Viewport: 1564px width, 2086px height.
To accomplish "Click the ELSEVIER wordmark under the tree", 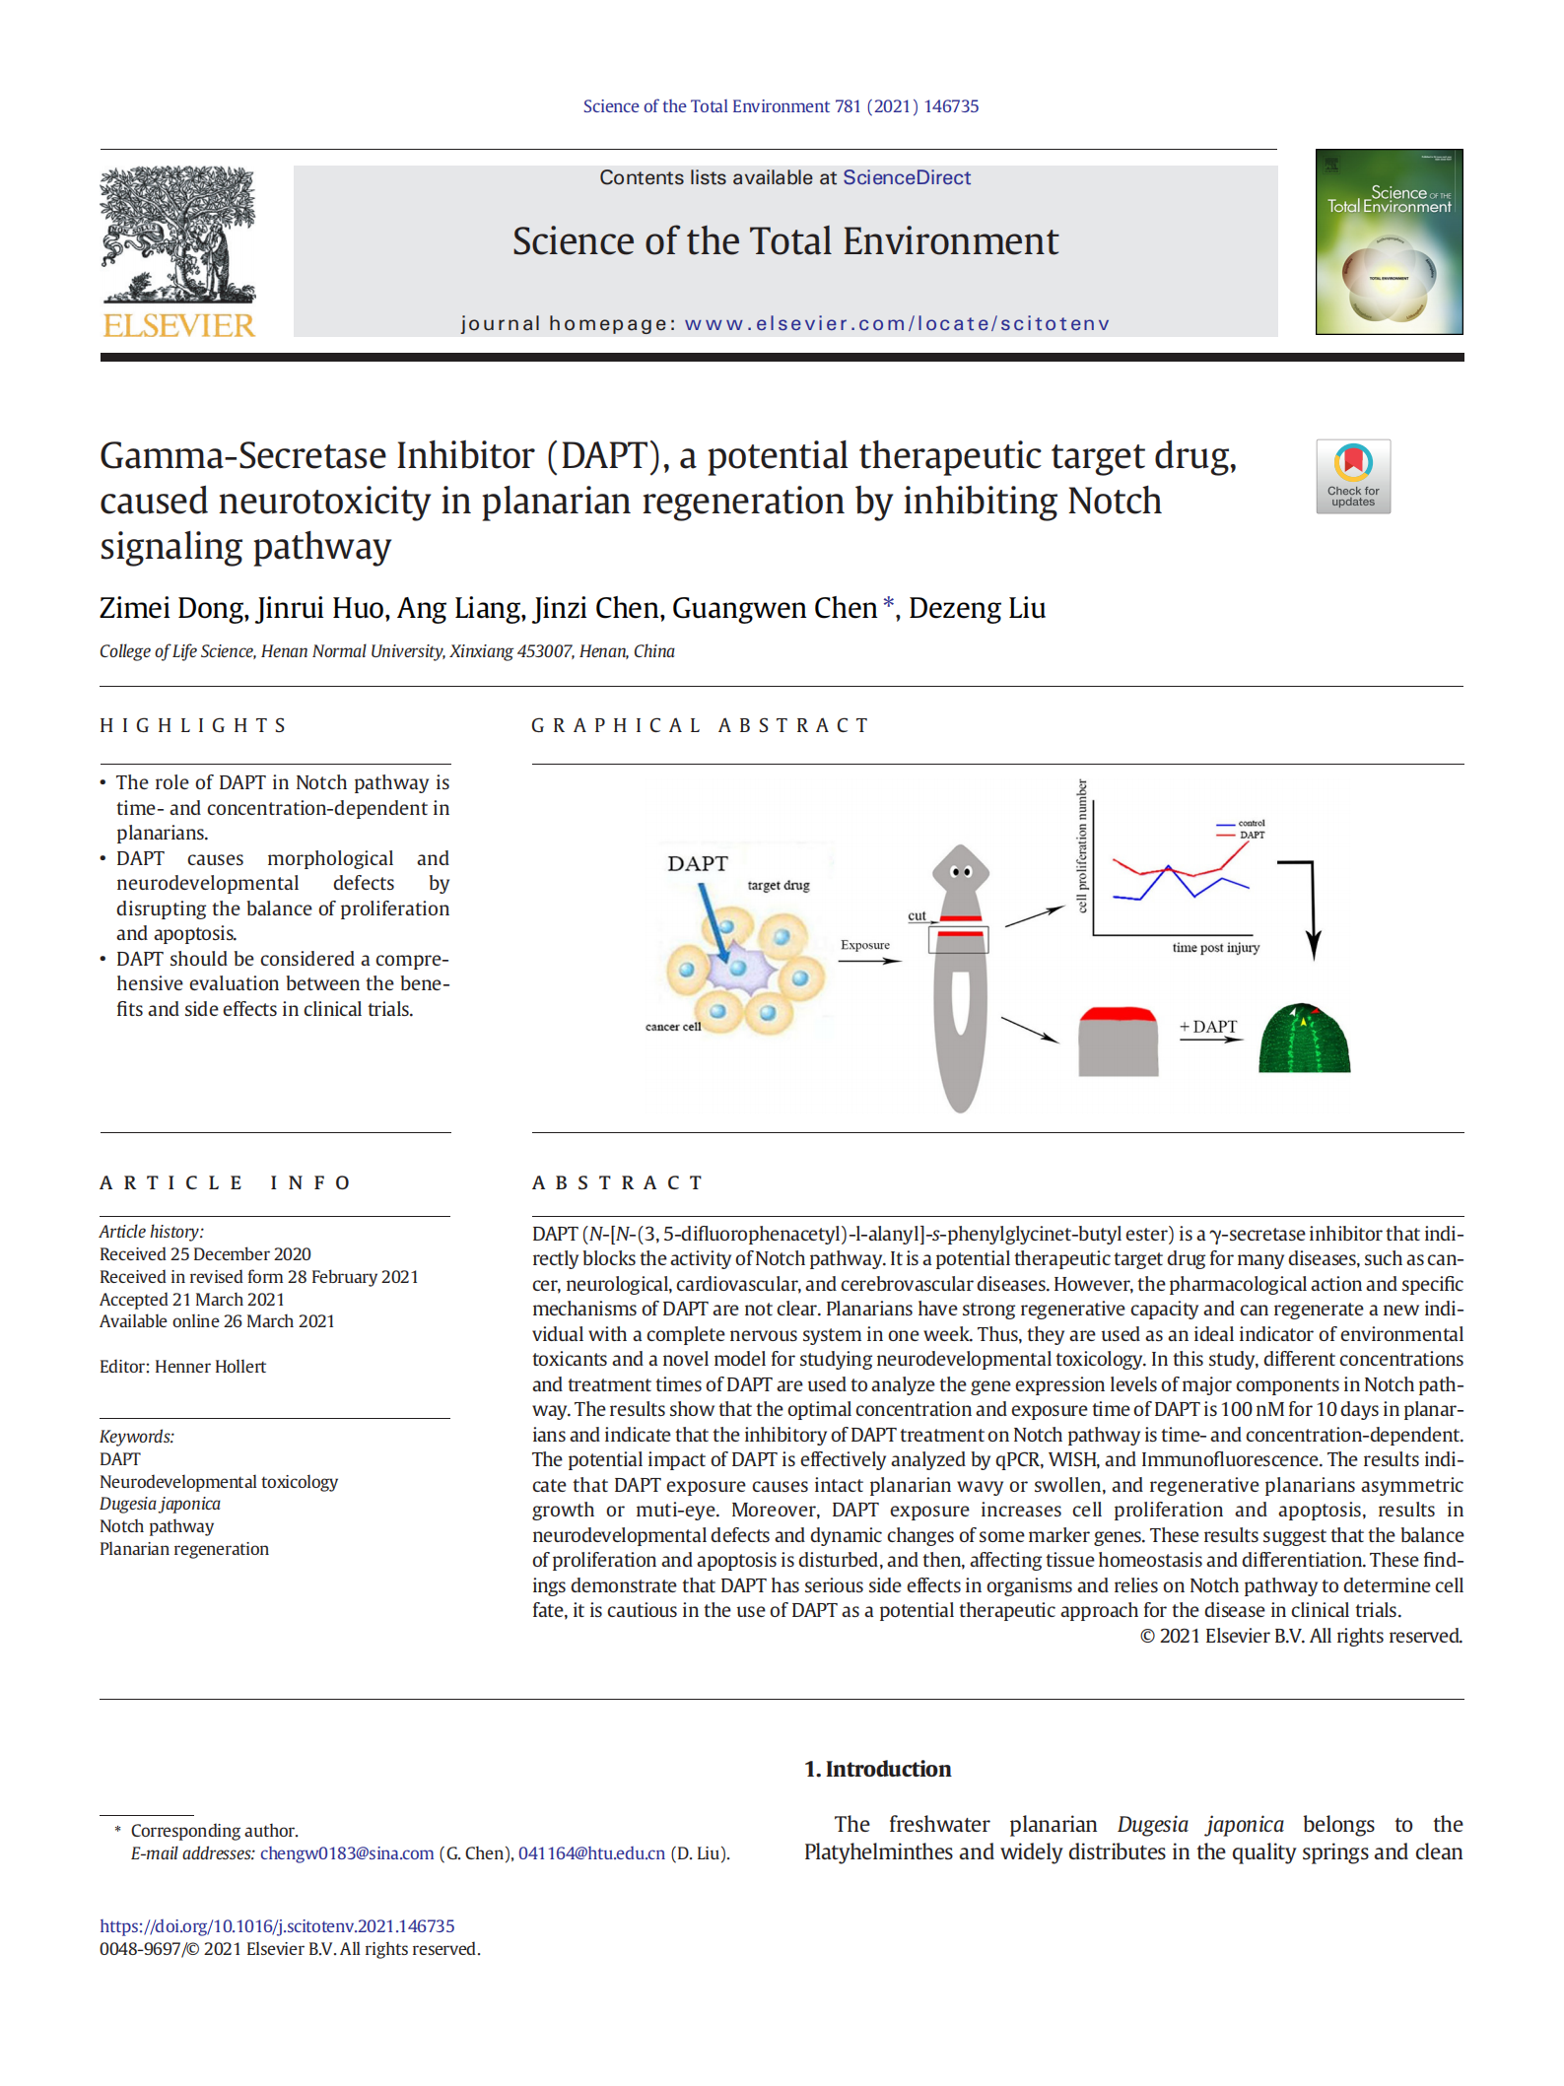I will coord(178,325).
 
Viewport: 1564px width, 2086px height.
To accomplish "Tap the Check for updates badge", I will coord(1352,476).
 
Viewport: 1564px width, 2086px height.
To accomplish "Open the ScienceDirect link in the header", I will coord(906,178).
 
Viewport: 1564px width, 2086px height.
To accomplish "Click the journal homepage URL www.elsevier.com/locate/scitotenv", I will coord(897,324).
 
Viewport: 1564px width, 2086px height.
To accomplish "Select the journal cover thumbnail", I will coord(1388,242).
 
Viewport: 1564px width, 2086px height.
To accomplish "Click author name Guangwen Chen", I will coord(774,609).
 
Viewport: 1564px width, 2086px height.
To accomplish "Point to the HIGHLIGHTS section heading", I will coord(193,726).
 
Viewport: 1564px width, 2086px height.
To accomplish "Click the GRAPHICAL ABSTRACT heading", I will coord(700,726).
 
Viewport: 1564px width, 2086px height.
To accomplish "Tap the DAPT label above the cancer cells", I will coord(697,864).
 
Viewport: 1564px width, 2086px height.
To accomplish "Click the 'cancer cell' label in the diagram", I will coord(673,1027).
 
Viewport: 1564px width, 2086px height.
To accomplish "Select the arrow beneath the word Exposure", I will coord(869,961).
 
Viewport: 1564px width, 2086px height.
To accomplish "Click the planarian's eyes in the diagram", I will coord(961,872).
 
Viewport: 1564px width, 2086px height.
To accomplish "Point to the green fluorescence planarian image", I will coord(1304,1039).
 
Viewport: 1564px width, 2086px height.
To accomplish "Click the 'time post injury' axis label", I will coord(1215,948).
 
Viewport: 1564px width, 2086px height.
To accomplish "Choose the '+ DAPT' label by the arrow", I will coord(1208,1027).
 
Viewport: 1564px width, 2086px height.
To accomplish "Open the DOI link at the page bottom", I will coord(277,1926).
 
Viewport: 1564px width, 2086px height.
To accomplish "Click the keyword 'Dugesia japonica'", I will coord(160,1505).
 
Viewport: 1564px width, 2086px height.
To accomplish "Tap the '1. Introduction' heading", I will coord(877,1770).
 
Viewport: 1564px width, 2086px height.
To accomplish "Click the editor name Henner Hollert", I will coord(210,1367).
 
